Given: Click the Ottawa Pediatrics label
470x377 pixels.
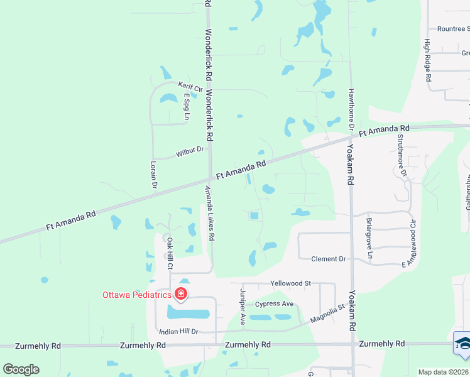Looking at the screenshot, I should pos(137,294).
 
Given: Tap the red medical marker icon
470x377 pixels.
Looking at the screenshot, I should pos(180,293).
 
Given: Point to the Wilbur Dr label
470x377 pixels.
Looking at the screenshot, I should pos(190,151).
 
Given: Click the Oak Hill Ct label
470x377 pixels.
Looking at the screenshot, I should pos(169,253).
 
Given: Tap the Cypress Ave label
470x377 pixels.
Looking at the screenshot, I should pos(274,304).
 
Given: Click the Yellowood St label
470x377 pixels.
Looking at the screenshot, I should pos(290,283).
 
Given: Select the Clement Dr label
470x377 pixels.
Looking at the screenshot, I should pos(329,259).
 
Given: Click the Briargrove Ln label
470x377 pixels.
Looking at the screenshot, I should pos(369,239).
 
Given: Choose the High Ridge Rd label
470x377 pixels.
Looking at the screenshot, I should pos(427,60).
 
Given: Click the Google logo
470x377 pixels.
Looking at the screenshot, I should pos(21,369).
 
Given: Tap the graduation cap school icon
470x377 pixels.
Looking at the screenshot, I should pos(462,343).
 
